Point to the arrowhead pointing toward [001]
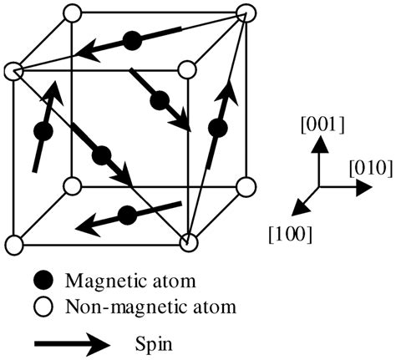pyautogui.click(x=317, y=146)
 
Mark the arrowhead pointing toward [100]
pyautogui.click(x=295, y=209)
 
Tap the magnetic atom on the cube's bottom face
pyautogui.click(x=127, y=215)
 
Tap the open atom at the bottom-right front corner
pyautogui.click(x=189, y=243)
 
